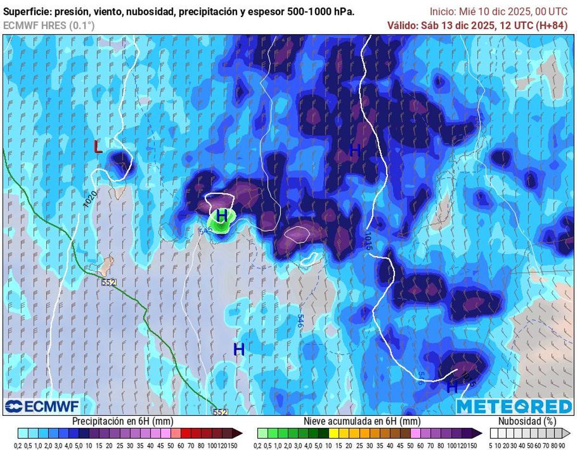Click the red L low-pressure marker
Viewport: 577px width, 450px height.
pyautogui.click(x=98, y=146)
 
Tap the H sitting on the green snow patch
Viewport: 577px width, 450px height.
pyautogui.click(x=222, y=216)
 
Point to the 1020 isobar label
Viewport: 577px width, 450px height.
pyautogui.click(x=90, y=199)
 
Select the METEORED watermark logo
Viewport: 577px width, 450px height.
pyautogui.click(x=514, y=406)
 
